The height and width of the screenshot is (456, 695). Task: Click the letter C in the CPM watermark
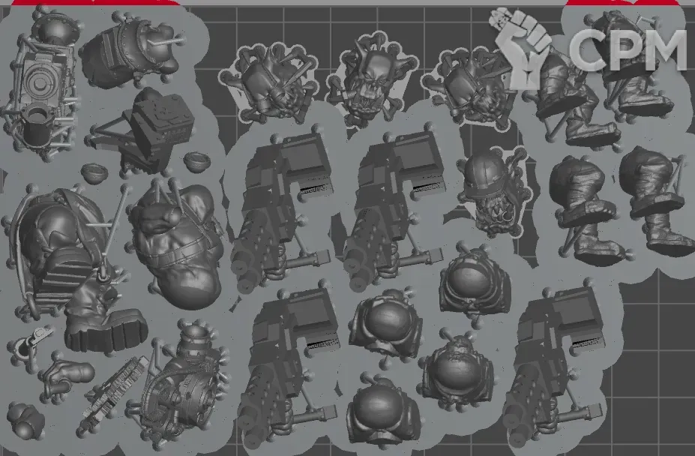pos(587,49)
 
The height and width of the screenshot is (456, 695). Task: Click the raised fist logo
pos(522,49)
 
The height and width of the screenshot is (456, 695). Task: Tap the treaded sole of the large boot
pos(106,331)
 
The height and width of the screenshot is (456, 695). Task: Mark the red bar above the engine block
pos(95,2)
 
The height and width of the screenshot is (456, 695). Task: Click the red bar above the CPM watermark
pos(623,2)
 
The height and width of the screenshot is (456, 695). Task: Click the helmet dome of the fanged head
pos(485,168)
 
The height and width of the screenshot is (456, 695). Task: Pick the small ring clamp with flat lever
pos(29,341)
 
